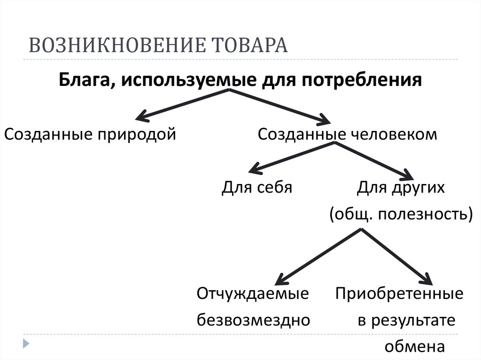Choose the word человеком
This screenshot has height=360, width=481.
pyautogui.click(x=394, y=135)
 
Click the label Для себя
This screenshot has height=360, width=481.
pyautogui.click(x=257, y=187)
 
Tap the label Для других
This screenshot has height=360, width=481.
pyautogui.click(x=400, y=187)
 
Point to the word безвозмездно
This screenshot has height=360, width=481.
pyautogui.click(x=253, y=320)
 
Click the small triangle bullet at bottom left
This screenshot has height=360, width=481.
pyautogui.click(x=27, y=343)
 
